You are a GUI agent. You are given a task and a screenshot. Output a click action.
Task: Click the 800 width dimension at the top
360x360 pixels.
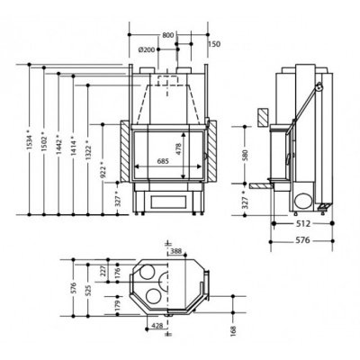pos(168,35)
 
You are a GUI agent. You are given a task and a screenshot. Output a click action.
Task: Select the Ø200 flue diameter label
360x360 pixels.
pos(147,49)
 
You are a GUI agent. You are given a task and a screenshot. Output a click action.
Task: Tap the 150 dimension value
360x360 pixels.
pos(214,44)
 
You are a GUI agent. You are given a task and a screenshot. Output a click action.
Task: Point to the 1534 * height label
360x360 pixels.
pos(29,139)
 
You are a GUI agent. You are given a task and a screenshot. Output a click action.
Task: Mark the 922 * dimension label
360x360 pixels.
pos(103,170)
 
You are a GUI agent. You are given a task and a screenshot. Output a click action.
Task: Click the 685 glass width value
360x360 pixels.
pos(163,161)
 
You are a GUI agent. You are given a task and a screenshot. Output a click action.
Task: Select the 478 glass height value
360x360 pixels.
pos(179,149)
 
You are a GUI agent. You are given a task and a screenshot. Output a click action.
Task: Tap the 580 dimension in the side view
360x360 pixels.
pos(245,155)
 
